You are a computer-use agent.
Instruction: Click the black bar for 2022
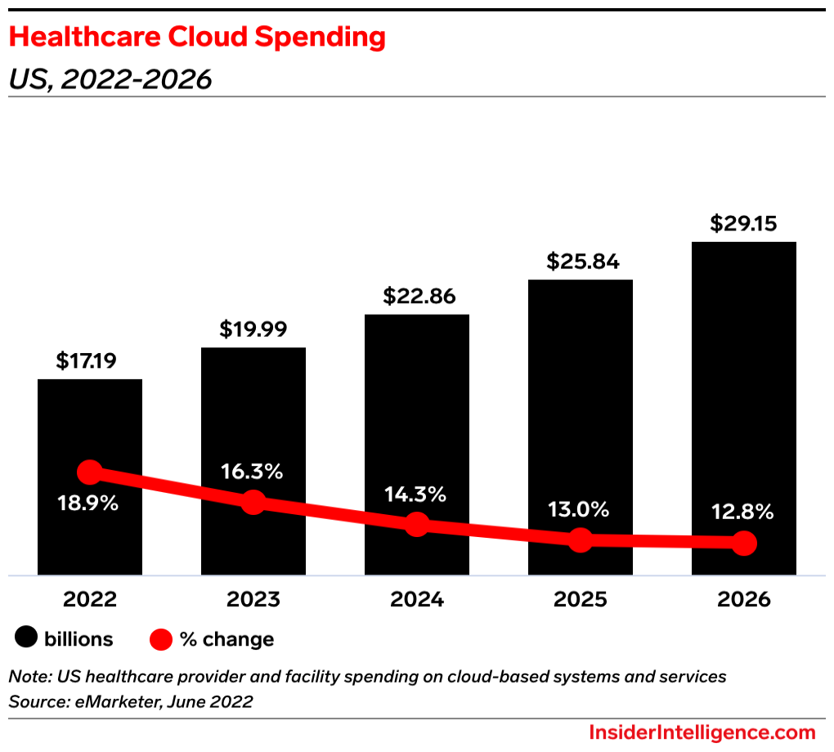coord(90,425)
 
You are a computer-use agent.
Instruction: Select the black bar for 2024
coord(417,409)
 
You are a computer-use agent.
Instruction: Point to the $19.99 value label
coord(253,329)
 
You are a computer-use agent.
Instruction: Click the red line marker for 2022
coord(90,472)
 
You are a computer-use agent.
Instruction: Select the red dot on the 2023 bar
coord(253,502)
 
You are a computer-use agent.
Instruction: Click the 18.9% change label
coord(89,504)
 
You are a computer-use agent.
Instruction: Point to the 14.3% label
coord(416,494)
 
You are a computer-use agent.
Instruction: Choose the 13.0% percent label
coord(580,509)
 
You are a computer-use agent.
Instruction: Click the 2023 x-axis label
coord(253,600)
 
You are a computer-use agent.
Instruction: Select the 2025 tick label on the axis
coord(581,600)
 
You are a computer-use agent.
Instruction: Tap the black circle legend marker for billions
coord(27,638)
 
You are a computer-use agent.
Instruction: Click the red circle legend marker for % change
coord(161,639)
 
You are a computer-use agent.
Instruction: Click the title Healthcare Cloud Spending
coord(197,37)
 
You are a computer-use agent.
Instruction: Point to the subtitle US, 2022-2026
coord(110,79)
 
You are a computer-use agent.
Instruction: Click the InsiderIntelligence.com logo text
coord(702,732)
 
